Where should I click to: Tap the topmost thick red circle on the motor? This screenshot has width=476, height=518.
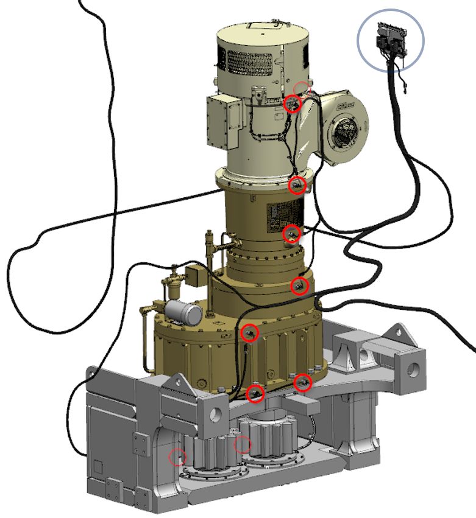(293, 104)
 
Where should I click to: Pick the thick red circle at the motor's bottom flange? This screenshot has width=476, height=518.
(297, 185)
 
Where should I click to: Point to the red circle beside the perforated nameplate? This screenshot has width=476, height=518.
(292, 233)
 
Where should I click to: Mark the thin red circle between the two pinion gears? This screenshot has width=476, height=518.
(242, 445)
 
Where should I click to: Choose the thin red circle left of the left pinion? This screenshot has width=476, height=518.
(177, 457)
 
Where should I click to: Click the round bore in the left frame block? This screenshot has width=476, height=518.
(215, 415)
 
